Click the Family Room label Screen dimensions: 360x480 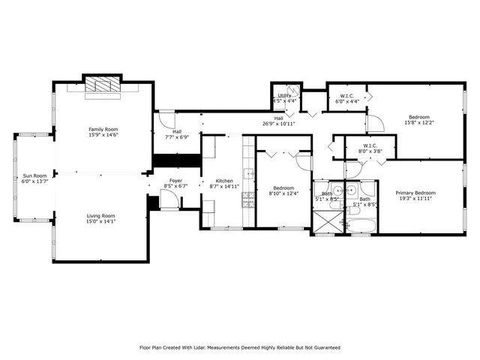(x=103, y=130)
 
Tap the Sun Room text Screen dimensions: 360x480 (x=34, y=175)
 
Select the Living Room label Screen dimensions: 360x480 (x=100, y=216)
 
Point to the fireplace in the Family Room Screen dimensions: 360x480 (x=100, y=85)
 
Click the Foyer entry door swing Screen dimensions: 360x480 (x=169, y=198)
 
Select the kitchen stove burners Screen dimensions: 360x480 (x=247, y=199)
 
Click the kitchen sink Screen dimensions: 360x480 (x=248, y=174)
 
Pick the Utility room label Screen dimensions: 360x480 (x=285, y=95)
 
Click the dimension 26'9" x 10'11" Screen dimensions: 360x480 (x=278, y=123)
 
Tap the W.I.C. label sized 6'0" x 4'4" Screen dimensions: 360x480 (x=347, y=95)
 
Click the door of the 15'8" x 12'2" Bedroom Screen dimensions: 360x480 (x=373, y=122)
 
